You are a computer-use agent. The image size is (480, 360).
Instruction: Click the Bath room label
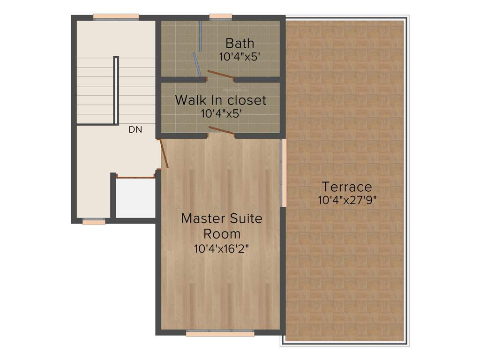pos(240,44)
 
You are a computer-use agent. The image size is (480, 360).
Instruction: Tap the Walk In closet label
pos(220,100)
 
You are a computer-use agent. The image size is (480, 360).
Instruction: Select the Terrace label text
pos(347,187)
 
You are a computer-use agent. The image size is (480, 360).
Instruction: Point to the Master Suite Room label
pos(222,226)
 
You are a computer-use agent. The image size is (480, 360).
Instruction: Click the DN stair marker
pos(135,130)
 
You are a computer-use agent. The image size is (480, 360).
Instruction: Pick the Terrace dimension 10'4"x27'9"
pos(347,200)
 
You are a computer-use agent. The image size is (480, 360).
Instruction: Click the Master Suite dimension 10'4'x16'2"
pos(221,249)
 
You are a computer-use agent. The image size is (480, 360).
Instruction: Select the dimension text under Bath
pos(240,57)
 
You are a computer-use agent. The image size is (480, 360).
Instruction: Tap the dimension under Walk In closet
pos(221,113)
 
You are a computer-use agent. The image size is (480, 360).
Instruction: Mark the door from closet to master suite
pos(221,130)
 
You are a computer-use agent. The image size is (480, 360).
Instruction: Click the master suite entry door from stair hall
pos(164,153)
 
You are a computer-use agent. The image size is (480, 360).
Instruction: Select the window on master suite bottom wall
pos(220,334)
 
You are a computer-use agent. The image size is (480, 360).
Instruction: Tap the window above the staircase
pos(116,18)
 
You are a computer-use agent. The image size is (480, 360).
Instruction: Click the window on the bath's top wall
pos(220,18)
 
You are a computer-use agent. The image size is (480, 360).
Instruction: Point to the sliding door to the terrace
pos(283,172)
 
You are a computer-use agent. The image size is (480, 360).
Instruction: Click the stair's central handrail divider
pos(116,89)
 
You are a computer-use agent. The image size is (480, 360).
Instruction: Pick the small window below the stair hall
pos(94,222)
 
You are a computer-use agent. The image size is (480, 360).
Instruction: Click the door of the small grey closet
pos(135,177)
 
